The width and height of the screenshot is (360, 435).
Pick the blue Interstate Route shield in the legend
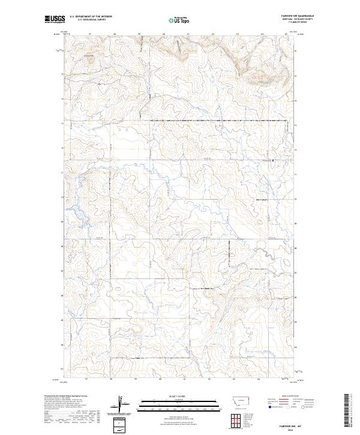tap(269, 409)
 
